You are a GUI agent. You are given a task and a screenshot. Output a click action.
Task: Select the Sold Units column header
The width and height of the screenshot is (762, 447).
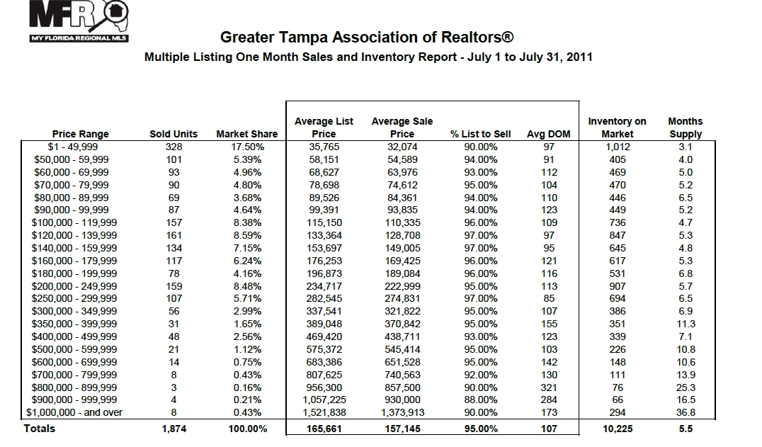[174, 134]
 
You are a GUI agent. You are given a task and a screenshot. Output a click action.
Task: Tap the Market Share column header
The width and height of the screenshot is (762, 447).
[247, 134]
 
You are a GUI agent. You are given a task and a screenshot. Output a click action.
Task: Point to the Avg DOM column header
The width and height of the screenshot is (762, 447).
[549, 134]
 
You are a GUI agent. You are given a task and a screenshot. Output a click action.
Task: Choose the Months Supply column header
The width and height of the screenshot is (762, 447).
[686, 128]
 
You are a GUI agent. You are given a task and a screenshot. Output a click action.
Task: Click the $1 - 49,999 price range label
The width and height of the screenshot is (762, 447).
[73, 147]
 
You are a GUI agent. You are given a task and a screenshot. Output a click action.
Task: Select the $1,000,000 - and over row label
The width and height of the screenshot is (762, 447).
[74, 412]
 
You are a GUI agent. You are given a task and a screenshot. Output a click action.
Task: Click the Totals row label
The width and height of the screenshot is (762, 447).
[40, 429]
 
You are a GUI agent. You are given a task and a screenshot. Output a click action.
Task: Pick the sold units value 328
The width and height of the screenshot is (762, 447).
[174, 147]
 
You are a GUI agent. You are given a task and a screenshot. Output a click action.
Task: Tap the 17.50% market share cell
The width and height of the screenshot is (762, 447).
[247, 147]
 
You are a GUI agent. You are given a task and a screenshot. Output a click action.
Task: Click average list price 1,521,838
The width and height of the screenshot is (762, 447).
[324, 412]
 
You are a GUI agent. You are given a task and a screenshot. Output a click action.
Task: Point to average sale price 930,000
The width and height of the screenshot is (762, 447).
[402, 400]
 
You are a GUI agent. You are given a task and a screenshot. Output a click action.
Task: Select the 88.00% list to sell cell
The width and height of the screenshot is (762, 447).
[481, 400]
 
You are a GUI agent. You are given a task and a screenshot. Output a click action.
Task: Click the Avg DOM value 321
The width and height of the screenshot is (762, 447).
[549, 387]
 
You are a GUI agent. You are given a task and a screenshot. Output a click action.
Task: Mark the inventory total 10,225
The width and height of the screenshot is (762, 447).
[618, 429]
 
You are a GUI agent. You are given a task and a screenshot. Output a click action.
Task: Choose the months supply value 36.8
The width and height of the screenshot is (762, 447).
[686, 412]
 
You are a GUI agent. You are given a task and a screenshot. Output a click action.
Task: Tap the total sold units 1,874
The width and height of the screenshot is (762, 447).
[174, 429]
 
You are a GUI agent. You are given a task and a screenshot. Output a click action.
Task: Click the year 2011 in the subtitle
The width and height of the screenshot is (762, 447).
[579, 57]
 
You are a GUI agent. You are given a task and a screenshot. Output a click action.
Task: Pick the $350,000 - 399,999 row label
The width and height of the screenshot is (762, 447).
[74, 324]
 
